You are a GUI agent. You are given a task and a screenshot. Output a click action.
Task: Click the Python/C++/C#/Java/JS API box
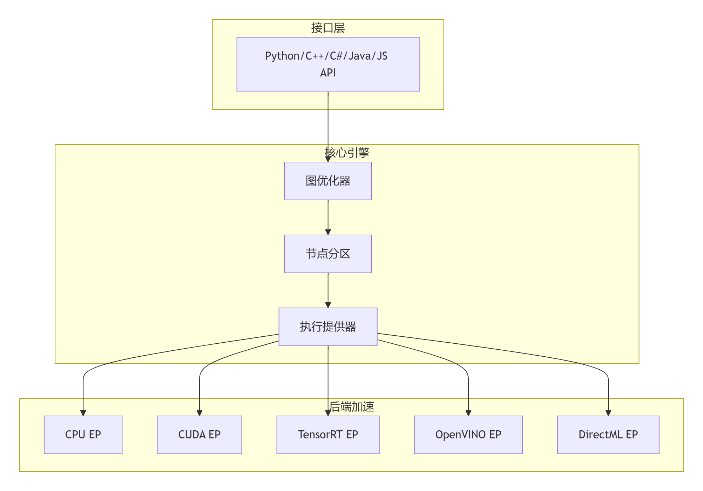pyautogui.click(x=328, y=65)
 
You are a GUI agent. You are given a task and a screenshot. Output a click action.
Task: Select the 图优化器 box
pyautogui.click(x=328, y=181)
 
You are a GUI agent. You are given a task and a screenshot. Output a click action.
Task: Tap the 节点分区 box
pyautogui.click(x=328, y=254)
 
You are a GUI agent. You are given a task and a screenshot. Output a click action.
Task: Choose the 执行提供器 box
pyautogui.click(x=328, y=327)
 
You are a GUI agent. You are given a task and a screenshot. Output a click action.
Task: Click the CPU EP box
pyautogui.click(x=83, y=435)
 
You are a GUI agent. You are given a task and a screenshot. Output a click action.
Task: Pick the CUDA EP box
pyautogui.click(x=200, y=435)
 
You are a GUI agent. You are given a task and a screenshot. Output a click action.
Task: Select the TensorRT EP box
pyautogui.click(x=328, y=435)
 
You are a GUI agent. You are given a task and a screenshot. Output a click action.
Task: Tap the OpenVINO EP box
pyautogui.click(x=468, y=435)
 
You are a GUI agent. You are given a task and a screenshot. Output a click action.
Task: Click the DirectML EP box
pyautogui.click(x=608, y=435)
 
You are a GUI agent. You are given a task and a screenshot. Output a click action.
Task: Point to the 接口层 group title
pyautogui.click(x=328, y=28)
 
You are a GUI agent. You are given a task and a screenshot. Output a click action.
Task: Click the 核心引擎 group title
pyautogui.click(x=347, y=153)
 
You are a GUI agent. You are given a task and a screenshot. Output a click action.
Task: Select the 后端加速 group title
pyautogui.click(x=352, y=407)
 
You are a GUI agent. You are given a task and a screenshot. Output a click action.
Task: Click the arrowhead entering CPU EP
pyautogui.click(x=83, y=413)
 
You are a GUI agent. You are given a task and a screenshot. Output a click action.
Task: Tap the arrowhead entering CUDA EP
pyautogui.click(x=200, y=413)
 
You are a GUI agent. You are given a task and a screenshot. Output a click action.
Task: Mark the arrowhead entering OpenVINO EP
pyautogui.click(x=468, y=413)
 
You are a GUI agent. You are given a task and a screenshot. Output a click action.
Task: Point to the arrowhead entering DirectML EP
pyautogui.click(x=608, y=413)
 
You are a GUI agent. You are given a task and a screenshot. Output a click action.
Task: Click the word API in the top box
pyautogui.click(x=328, y=73)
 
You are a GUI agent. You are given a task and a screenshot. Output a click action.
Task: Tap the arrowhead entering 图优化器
pyautogui.click(x=328, y=159)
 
